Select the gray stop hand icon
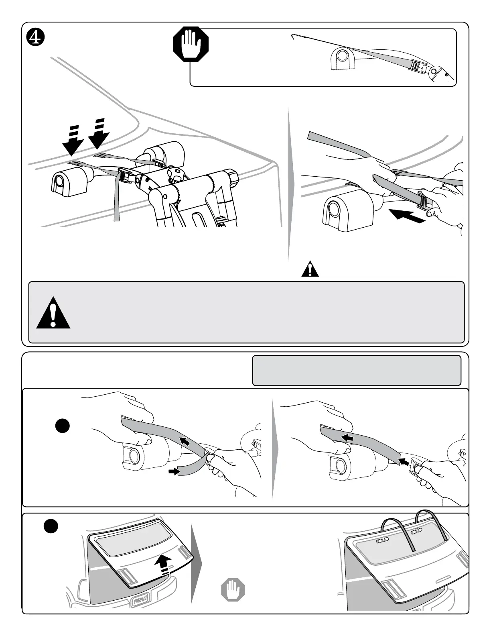pos(233,590)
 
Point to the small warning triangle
pos(310,270)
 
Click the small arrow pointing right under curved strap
pos(173,473)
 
